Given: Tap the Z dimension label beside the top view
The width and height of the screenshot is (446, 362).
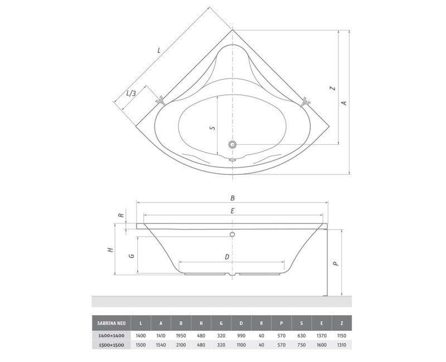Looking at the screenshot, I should (332, 88).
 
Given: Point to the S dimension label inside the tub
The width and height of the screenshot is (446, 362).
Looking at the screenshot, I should (212, 128).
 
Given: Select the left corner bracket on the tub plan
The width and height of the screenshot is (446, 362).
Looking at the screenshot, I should (161, 101).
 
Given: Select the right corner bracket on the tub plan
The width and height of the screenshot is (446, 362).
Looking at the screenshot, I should (305, 102).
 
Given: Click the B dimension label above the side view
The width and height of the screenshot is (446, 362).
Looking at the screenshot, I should (233, 198).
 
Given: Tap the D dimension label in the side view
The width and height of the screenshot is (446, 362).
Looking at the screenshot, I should (226, 257).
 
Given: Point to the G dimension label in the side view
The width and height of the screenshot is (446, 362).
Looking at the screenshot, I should (130, 255).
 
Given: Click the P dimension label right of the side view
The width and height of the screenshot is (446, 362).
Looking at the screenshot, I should (334, 265).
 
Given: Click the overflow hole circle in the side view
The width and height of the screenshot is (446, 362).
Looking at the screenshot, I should (233, 234).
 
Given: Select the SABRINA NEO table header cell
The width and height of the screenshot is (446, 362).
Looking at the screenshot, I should (111, 322).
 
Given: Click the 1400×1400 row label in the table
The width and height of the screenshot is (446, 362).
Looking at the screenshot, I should (111, 336).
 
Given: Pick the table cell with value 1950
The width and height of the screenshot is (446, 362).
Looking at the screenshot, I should (181, 336).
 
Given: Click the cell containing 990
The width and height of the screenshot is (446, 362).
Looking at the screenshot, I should (241, 336).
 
